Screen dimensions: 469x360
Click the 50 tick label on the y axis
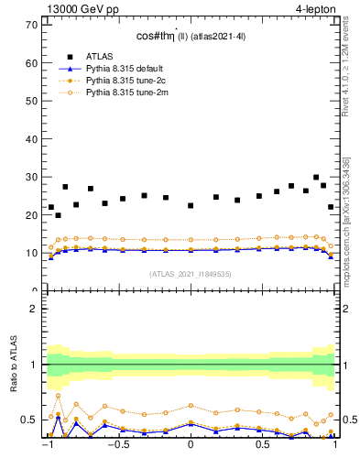[x=31, y=101]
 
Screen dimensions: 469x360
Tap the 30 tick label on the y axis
[x=31, y=177]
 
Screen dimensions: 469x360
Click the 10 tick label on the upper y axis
[x=31, y=253]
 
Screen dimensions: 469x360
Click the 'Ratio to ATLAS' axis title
[x=12, y=365]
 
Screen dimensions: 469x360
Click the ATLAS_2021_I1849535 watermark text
[x=191, y=273]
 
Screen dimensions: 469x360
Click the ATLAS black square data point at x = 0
[x=191, y=205]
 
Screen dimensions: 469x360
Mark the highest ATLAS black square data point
[x=316, y=178]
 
